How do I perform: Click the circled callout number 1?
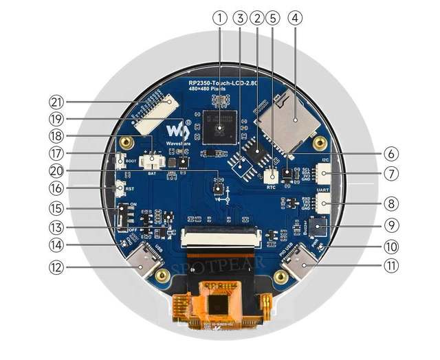(x=220, y=19)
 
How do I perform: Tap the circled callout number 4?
(x=295, y=19)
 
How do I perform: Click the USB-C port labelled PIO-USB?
(x=300, y=261)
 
